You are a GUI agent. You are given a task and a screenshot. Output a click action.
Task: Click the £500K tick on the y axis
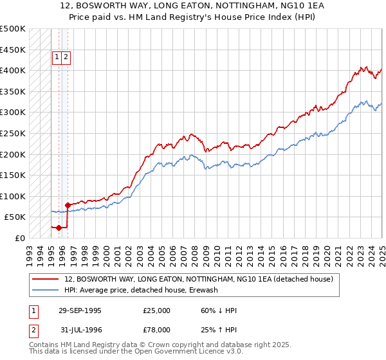pos(14,29)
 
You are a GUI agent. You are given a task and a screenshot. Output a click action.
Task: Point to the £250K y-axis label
pos(14,133)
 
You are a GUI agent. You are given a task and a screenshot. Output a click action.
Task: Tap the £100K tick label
pos(14,196)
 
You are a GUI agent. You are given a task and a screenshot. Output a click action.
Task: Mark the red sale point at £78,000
pos(68,205)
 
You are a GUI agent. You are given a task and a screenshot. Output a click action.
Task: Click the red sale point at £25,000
pos(59,227)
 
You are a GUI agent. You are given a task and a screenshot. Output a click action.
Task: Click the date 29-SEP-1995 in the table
pos(80,310)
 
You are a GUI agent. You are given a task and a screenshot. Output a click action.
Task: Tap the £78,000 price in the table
pos(156,329)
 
